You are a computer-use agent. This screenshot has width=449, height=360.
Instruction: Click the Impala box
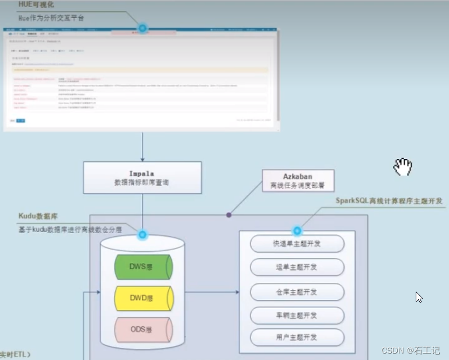[142, 178]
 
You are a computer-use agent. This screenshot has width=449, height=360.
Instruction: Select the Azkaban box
[298, 181]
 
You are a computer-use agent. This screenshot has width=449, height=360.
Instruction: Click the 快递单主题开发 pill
[297, 244]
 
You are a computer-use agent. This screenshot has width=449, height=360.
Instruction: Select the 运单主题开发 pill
[297, 267]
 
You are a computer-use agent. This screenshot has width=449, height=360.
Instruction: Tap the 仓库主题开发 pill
[297, 291]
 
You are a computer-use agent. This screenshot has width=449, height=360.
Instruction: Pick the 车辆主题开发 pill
[297, 315]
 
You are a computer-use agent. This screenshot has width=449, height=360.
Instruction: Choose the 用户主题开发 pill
[297, 337]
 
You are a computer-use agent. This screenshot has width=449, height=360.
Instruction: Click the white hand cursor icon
[402, 167]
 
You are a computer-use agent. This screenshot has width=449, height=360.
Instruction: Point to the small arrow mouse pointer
[418, 296]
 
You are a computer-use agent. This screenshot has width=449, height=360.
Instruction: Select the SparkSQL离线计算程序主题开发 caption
[389, 201]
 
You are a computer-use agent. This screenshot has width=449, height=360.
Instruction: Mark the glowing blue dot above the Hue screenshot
[142, 27]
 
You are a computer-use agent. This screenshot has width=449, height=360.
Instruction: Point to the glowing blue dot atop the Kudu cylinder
[142, 235]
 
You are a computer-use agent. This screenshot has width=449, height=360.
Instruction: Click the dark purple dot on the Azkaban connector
[229, 215]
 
